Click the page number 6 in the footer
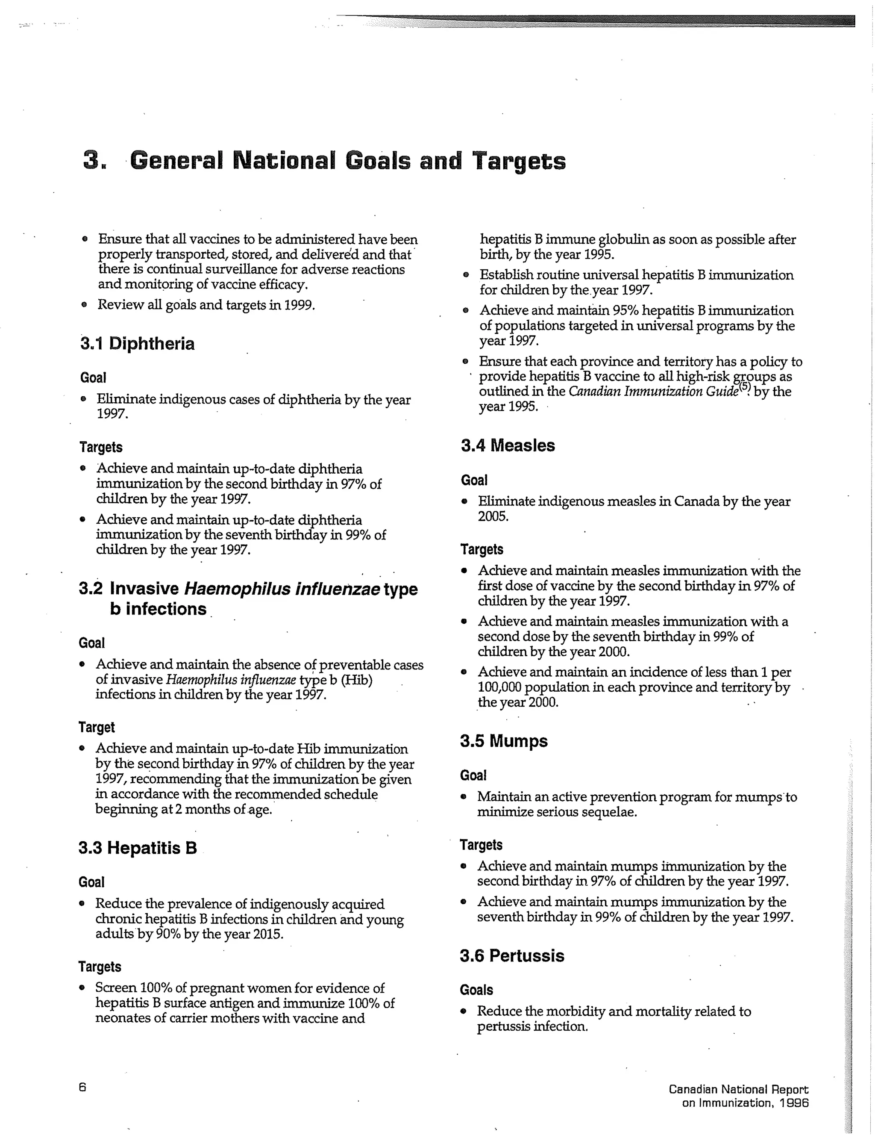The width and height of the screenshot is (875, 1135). tap(82, 1087)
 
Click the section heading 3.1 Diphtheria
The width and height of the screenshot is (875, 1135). tap(138, 344)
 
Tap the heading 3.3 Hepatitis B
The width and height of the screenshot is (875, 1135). tap(138, 848)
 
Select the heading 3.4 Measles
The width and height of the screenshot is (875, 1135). tap(508, 445)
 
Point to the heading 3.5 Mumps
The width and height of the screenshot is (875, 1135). tap(504, 740)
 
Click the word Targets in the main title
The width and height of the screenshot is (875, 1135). tap(519, 161)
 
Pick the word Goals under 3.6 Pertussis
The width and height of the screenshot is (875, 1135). tap(476, 990)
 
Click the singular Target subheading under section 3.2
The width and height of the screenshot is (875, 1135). tap(97, 728)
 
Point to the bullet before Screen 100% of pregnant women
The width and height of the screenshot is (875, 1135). tap(82, 988)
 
